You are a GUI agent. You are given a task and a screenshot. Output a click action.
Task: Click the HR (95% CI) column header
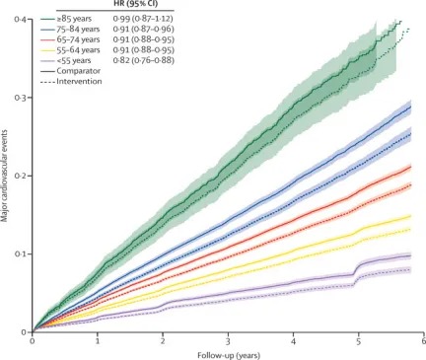pos(134,4)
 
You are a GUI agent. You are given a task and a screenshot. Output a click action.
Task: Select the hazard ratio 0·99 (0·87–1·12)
pos(143,19)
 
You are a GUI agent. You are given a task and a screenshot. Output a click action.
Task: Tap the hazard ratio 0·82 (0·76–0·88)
pos(143,61)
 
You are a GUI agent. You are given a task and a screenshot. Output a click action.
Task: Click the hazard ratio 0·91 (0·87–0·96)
pos(143,30)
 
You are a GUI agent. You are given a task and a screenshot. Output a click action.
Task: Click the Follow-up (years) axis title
pos(229,355)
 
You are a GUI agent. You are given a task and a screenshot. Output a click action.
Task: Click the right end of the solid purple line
pos(411,255)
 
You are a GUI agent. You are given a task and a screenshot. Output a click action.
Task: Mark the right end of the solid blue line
pos(411,107)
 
